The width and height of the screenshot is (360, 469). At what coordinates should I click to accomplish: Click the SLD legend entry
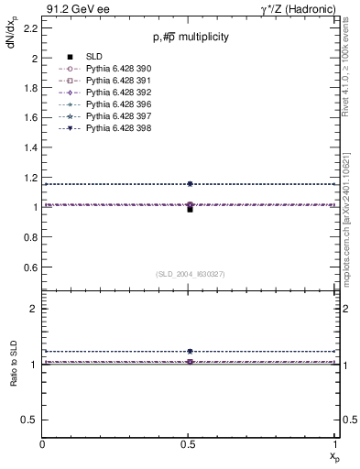(x=95, y=56)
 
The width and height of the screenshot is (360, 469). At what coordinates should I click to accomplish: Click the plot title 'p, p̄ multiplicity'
(x=190, y=37)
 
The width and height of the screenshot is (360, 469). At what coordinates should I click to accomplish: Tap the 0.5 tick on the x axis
(x=190, y=444)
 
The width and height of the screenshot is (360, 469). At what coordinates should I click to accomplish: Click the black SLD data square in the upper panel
(x=190, y=210)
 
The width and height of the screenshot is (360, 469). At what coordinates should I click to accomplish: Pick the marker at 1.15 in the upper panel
(x=190, y=184)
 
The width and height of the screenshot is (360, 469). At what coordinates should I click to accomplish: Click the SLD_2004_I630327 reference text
(x=190, y=274)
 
